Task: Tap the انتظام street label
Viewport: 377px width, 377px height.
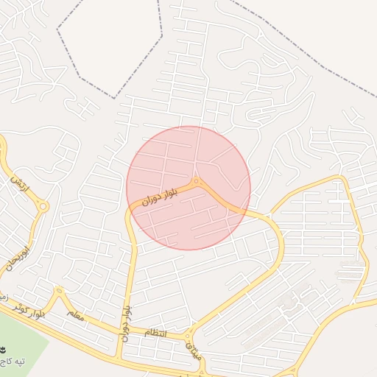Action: click(x=155, y=333)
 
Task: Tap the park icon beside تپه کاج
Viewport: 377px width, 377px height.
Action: click(x=3, y=348)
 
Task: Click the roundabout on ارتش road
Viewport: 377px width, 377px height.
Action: click(x=43, y=207)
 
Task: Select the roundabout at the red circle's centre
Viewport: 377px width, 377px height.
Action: click(x=196, y=181)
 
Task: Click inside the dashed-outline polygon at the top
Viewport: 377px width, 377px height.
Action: click(x=110, y=44)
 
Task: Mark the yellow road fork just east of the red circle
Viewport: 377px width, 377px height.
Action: click(x=268, y=216)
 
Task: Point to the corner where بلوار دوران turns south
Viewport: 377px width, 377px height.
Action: click(x=130, y=214)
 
